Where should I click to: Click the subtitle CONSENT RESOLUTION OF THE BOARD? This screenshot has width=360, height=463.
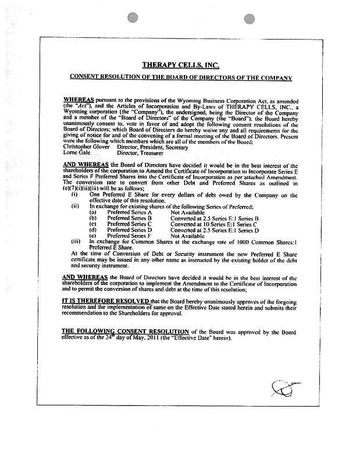tap(180, 77)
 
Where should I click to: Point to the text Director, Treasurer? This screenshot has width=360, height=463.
tap(138, 153)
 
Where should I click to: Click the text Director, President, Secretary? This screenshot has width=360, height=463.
tap(152, 147)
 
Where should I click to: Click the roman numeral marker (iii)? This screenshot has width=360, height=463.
tap(76, 241)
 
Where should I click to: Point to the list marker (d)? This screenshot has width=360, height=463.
tap(92, 230)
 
